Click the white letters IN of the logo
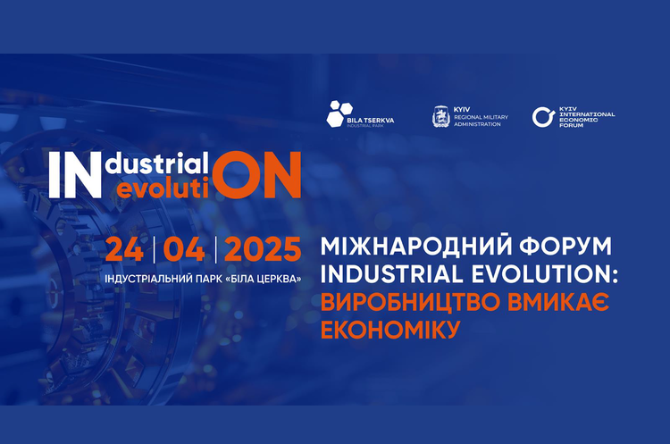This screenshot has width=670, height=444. coord(75,175)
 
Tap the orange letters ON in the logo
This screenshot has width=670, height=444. coord(257,175)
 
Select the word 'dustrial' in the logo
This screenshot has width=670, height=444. coord(157,163)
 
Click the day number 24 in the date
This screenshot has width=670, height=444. coord(124,249)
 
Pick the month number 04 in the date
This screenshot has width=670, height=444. coord(184,249)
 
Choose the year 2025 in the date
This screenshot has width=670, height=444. coord(263,249)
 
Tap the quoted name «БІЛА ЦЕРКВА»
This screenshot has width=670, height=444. coord(264,279)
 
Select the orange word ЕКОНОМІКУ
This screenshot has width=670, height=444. coord(390,330)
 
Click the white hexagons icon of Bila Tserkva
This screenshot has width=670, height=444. coord(339,113)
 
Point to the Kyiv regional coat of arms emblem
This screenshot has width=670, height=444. coord(441,117)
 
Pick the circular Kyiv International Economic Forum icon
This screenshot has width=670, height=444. coord(543,117)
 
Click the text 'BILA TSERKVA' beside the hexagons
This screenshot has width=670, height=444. coord(371,121)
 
